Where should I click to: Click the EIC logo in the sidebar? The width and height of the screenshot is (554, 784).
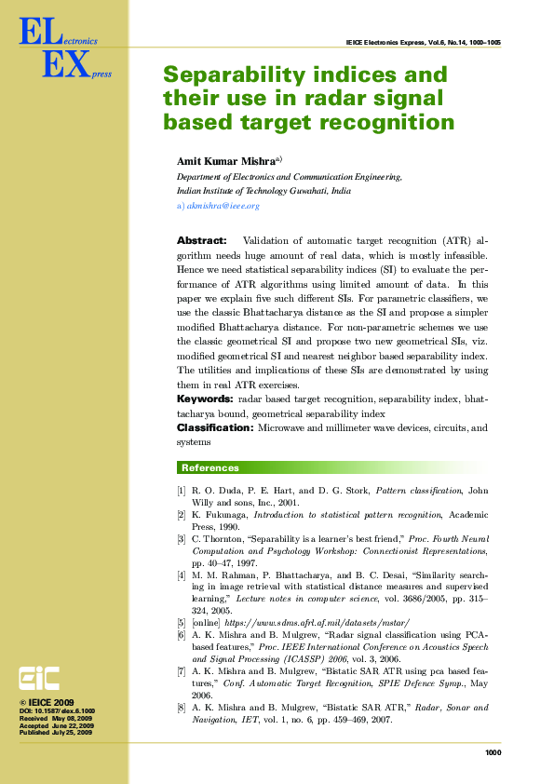click(x=41, y=678)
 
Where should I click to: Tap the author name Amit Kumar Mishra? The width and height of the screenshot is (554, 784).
click(x=226, y=161)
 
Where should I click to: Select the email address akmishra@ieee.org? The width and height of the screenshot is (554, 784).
click(x=223, y=205)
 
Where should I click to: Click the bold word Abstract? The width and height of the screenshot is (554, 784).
click(x=201, y=240)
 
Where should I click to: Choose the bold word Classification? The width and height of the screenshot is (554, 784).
click(x=215, y=427)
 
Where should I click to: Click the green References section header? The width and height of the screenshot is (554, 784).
click(x=210, y=467)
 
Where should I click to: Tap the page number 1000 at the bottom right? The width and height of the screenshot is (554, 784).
click(x=493, y=752)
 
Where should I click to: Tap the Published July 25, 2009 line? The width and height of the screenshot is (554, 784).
click(x=56, y=733)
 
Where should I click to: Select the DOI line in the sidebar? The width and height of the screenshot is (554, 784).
click(x=56, y=711)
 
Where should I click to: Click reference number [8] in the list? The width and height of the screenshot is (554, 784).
click(x=182, y=683)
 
